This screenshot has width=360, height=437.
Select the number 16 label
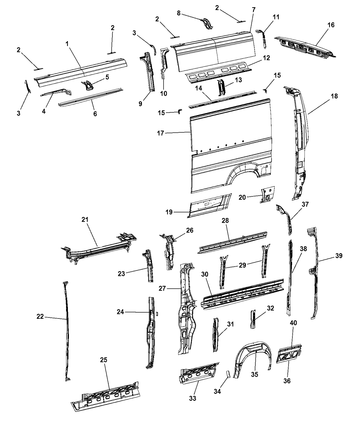[331, 25]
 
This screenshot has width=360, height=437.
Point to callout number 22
[40, 317]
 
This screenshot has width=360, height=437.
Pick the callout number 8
[179, 13]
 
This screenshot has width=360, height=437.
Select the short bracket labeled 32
[253, 319]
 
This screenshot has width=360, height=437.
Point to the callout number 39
[339, 255]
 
